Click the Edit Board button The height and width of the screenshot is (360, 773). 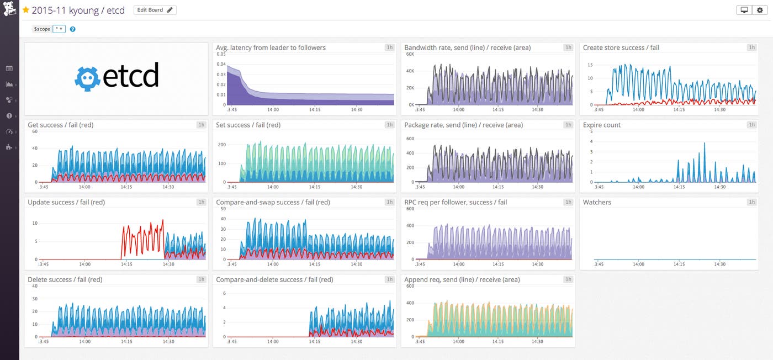[155, 10]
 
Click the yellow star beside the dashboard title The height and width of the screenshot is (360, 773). [25, 10]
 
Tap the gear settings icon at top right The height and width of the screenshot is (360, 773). [760, 10]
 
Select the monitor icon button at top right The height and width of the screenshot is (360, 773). [744, 10]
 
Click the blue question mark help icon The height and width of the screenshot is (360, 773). [73, 29]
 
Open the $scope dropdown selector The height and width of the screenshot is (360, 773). [59, 29]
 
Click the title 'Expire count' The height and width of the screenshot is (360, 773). [601, 125]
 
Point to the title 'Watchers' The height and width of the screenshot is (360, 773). [597, 202]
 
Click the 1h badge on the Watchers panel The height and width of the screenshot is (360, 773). [751, 202]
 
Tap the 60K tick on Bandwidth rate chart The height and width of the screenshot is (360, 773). [410, 54]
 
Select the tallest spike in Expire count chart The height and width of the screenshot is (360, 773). [705, 144]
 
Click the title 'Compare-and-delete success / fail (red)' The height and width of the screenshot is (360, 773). [274, 279]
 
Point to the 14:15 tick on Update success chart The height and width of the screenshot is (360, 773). [126, 264]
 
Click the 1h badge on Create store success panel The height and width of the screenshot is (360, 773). [751, 47]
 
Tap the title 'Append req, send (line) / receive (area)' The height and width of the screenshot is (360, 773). [462, 279]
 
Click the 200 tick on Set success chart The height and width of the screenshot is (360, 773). [222, 145]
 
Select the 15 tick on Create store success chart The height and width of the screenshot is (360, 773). [590, 65]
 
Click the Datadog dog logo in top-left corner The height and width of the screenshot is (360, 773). [9, 10]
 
